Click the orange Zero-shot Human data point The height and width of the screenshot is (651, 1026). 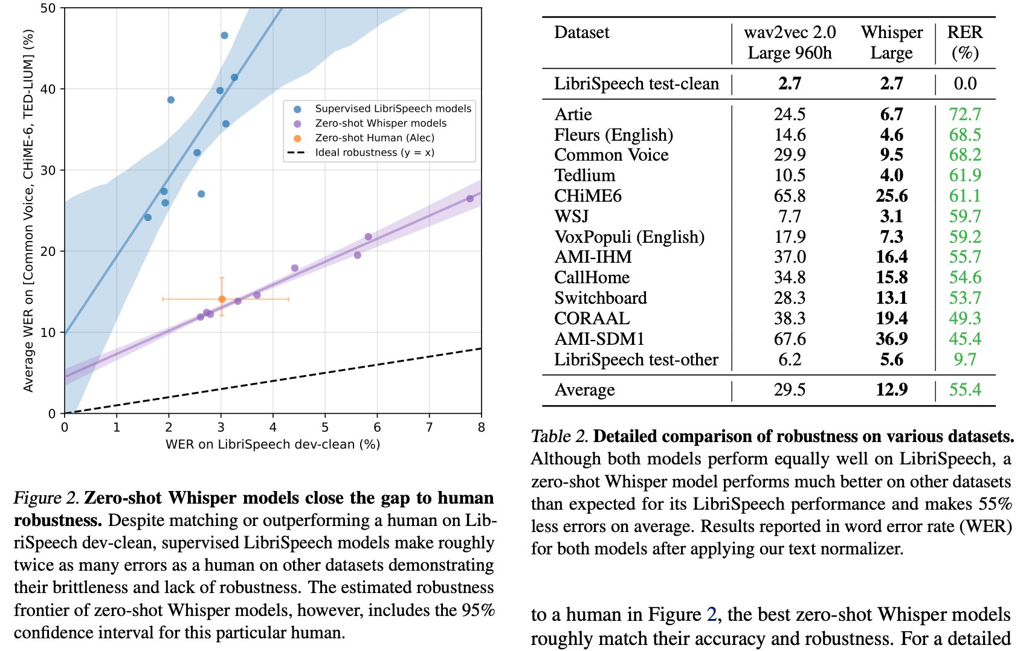click(222, 299)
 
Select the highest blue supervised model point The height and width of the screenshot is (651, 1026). click(224, 36)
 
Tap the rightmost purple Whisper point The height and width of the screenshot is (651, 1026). click(470, 199)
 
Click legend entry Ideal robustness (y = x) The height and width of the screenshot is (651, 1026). click(374, 152)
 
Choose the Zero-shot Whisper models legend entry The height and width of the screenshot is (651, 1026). click(380, 123)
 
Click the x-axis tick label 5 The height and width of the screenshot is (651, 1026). click(325, 428)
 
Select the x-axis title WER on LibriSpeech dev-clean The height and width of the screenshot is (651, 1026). click(273, 444)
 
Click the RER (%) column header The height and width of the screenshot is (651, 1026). click(964, 42)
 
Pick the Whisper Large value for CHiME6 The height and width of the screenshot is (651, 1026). click(891, 196)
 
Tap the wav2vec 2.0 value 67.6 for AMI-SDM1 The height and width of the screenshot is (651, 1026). click(789, 339)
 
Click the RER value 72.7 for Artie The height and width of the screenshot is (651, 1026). click(964, 114)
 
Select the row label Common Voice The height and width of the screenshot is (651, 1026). click(611, 155)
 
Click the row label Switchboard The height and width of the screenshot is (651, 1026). click(600, 298)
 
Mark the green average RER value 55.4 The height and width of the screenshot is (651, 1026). click(964, 390)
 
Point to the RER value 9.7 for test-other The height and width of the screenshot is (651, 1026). click(964, 359)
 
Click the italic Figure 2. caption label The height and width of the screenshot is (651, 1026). click(47, 498)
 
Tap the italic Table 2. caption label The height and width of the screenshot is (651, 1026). click(559, 437)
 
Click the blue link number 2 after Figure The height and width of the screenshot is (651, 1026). click(711, 615)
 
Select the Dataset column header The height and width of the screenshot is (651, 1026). click(581, 33)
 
